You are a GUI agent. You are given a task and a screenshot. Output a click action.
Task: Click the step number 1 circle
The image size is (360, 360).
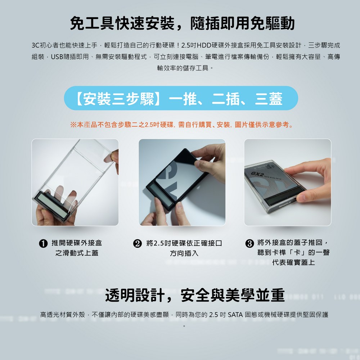[43, 243]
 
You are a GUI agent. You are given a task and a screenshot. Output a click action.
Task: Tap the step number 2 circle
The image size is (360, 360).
[138, 243]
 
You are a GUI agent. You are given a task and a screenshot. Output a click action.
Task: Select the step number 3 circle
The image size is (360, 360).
[249, 243]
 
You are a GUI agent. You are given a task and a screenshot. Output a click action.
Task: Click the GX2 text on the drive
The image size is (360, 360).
[257, 174]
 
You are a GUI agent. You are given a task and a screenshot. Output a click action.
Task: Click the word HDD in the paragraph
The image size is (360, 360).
[204, 45]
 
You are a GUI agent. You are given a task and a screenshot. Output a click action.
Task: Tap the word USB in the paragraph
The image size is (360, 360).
[57, 57]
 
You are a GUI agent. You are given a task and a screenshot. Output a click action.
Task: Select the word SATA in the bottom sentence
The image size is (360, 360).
[235, 315]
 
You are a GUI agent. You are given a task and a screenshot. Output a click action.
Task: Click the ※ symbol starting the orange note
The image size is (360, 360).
[73, 125]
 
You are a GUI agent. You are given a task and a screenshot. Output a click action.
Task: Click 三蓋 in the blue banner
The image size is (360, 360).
[269, 99]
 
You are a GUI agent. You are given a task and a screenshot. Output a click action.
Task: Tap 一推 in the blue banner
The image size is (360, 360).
[183, 99]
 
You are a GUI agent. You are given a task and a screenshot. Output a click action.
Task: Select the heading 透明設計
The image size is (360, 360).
[135, 295]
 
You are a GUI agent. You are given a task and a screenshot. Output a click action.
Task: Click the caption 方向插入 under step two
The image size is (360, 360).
[184, 253]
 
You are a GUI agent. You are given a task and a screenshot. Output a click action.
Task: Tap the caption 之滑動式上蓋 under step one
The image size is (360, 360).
[77, 253]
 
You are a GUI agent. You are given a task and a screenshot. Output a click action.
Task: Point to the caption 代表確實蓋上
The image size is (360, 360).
[294, 262]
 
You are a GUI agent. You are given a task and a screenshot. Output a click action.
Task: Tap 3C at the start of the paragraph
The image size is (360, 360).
[36, 45]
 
